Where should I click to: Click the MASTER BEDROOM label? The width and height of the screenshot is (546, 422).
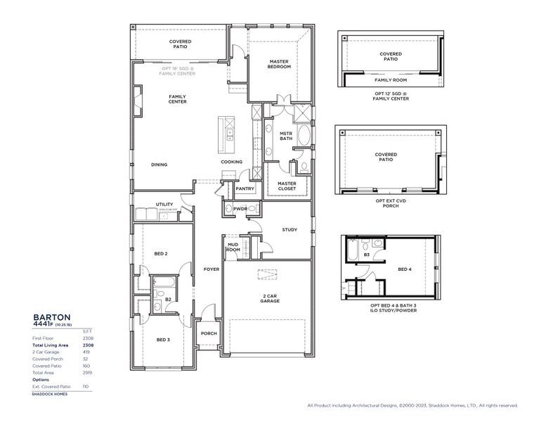coord(280,64)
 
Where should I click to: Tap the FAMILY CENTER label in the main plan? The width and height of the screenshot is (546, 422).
coord(177,99)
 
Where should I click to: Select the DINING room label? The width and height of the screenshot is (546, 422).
coord(159,165)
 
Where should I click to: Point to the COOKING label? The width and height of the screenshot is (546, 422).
coord(232,162)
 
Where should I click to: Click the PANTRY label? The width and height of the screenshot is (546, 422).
coord(245,188)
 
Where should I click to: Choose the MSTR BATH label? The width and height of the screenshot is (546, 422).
coord(286,136)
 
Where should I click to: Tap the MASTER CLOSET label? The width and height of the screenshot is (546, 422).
coord(286,186)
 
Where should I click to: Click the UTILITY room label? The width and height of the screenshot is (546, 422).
coord(164,204)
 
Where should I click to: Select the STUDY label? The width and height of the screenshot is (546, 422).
coord(290,229)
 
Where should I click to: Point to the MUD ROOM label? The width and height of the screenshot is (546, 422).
coord(233,246)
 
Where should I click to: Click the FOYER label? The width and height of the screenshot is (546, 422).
coord(212,269)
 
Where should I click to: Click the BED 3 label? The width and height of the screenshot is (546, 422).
coord(162,340)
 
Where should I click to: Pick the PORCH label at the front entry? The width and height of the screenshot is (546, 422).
coord(209,333)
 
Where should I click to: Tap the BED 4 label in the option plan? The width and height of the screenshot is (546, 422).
coord(405,269)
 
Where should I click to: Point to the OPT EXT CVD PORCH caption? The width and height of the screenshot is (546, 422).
coord(390,203)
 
